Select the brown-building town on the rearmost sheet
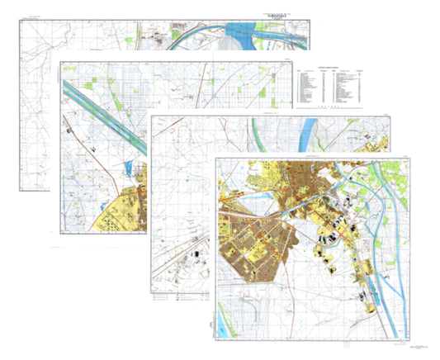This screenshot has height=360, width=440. coord(157,37)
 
